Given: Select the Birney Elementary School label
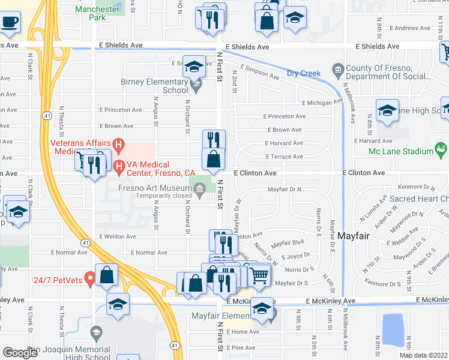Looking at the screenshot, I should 155,86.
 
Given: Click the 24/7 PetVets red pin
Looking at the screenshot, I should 89,278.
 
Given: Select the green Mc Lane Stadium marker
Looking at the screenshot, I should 441,149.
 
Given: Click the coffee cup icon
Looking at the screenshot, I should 10,22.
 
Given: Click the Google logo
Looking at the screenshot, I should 20,352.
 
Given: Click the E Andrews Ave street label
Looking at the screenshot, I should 410,28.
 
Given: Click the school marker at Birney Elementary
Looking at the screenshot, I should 194,67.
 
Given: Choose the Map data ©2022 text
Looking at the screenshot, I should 423,355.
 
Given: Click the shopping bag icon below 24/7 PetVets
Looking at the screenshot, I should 106,275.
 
